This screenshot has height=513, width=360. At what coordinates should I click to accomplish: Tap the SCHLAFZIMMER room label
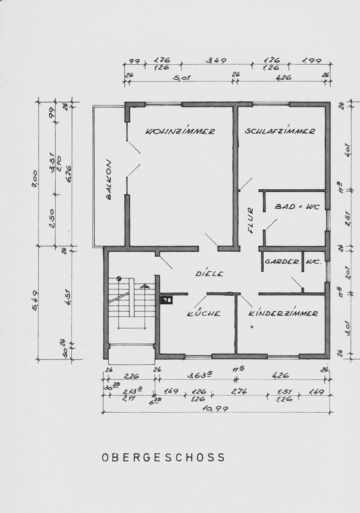click(x=280, y=131)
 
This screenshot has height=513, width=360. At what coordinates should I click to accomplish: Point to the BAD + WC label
click(x=297, y=207)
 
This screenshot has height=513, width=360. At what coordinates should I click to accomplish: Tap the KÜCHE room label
click(x=204, y=313)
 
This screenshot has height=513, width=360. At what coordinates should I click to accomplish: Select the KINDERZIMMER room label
click(x=283, y=313)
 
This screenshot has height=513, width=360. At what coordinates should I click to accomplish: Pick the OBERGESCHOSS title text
click(x=163, y=457)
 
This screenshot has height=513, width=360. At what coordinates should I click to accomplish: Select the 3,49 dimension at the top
click(x=216, y=61)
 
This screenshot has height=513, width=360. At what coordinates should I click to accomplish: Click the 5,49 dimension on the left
click(x=36, y=302)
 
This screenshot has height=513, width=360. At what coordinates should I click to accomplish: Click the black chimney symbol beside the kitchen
click(x=167, y=300)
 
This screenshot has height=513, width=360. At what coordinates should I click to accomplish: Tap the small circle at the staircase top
click(x=119, y=278)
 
